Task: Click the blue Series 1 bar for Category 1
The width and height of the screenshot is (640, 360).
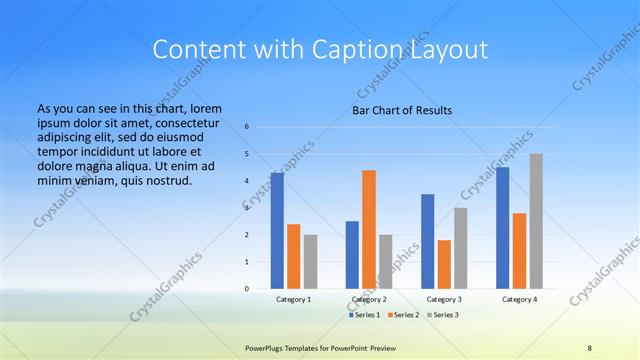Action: (x=277, y=231)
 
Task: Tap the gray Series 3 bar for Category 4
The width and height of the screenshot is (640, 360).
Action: (x=536, y=221)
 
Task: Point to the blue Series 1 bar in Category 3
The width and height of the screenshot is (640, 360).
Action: (x=428, y=241)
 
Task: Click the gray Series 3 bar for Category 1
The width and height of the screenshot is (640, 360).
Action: (x=310, y=262)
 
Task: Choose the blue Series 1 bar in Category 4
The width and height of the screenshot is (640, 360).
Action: (x=503, y=228)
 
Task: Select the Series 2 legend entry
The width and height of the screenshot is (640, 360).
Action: (x=403, y=315)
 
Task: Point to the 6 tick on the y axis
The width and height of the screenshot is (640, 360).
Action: (x=247, y=127)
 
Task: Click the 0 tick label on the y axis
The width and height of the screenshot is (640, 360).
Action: (x=247, y=289)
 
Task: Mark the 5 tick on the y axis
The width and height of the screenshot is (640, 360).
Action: (x=247, y=154)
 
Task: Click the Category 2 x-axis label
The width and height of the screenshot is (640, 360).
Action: (x=369, y=299)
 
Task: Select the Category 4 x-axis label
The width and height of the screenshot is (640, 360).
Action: (x=519, y=299)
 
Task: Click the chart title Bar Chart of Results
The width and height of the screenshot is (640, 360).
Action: (x=402, y=109)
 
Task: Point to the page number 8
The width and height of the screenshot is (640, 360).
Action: (x=590, y=347)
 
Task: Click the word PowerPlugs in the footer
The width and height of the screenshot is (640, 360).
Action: (x=265, y=347)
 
